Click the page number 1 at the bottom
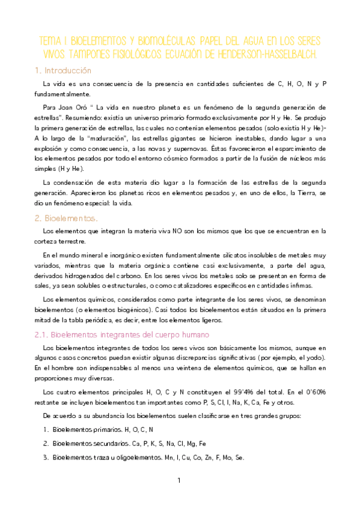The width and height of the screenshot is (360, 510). [x=178, y=481]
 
